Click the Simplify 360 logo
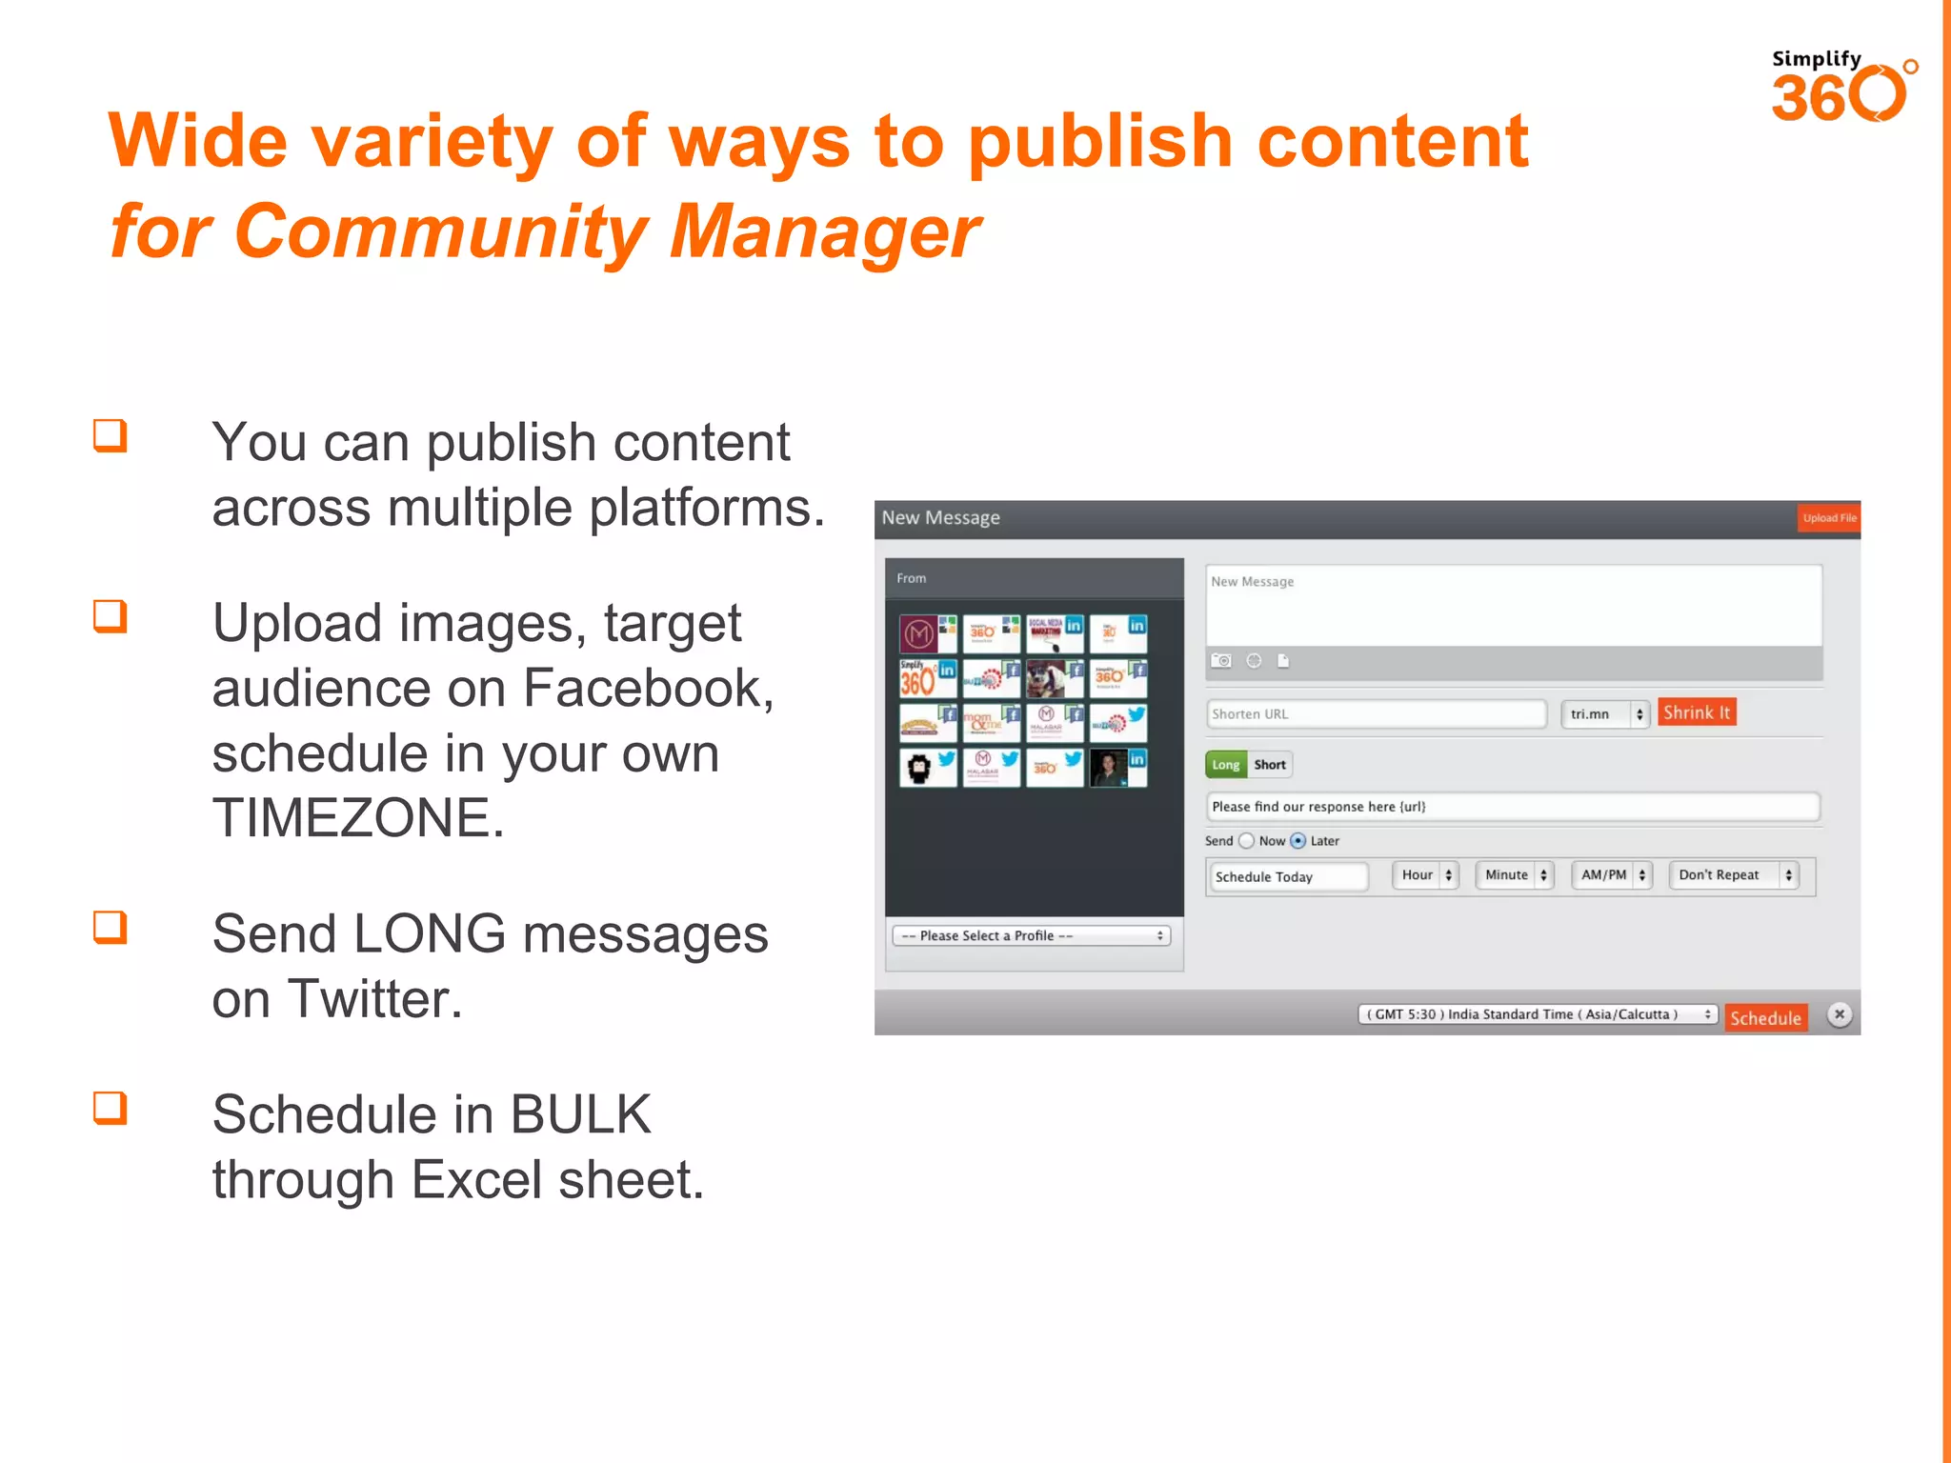pyautogui.click(x=1841, y=88)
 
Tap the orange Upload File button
pyautogui.click(x=1828, y=518)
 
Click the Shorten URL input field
pyautogui.click(x=1375, y=714)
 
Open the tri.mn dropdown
pyautogui.click(x=1605, y=714)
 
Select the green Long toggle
pyautogui.click(x=1225, y=765)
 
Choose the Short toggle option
pyautogui.click(x=1270, y=765)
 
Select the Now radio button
pyautogui.click(x=1247, y=841)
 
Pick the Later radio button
pyautogui.click(x=1297, y=841)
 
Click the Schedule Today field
pyautogui.click(x=1287, y=876)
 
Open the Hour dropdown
pyautogui.click(x=1425, y=875)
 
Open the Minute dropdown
pyautogui.click(x=1514, y=875)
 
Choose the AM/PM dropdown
pyautogui.click(x=1612, y=875)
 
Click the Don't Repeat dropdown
pyautogui.click(x=1734, y=875)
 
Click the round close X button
pyautogui.click(x=1840, y=1014)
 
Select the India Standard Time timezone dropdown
pyautogui.click(x=1537, y=1014)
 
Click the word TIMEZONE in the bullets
pyautogui.click(x=358, y=818)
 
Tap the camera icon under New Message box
pyautogui.click(x=1221, y=661)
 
